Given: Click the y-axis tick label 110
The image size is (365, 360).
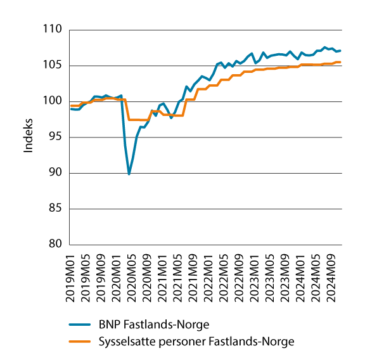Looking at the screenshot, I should tap(52, 30).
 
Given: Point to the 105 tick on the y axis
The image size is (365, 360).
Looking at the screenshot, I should tap(52, 65).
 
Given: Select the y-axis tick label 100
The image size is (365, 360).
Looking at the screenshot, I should tap(52, 101).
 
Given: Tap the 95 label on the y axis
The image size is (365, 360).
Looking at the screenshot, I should tap(54, 137).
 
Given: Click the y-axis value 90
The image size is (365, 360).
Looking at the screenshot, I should tap(54, 173).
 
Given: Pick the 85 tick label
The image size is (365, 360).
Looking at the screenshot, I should tap(54, 209).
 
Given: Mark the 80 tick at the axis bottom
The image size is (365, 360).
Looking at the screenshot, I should tap(54, 245).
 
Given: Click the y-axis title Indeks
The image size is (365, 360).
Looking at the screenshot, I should tap(27, 137).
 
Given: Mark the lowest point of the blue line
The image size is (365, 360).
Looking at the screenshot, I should tap(129, 174).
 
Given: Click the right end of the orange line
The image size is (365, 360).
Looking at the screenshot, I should tap(341, 62).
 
